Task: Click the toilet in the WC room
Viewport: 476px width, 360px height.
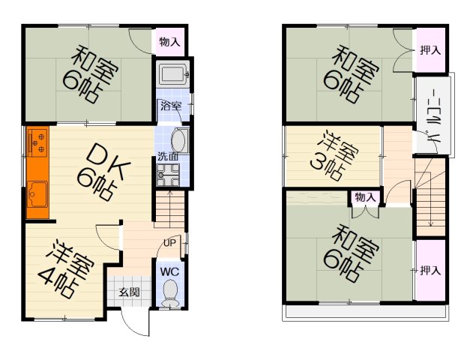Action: tap(169, 292)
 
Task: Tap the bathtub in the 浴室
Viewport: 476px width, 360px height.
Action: tap(172, 74)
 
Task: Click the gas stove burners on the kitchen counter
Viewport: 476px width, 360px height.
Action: tap(37, 141)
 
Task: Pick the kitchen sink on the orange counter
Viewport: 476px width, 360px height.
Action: tap(37, 194)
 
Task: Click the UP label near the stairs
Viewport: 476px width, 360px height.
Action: tap(169, 243)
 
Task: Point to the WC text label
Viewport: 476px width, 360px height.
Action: tap(169, 272)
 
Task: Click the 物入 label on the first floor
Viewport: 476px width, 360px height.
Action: tap(169, 42)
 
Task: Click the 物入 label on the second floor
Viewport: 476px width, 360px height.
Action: tap(365, 197)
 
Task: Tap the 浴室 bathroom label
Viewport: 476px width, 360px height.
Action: tap(171, 106)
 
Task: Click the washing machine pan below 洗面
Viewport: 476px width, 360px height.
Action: tap(168, 175)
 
